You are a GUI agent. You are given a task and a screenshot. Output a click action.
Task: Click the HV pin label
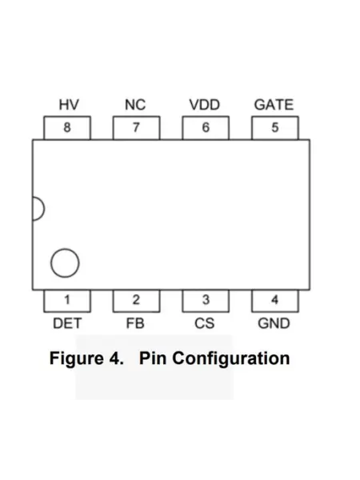pos(69,105)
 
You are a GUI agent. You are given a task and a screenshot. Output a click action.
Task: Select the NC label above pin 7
pos(135,105)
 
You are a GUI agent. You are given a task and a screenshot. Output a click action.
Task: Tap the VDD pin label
pos(205,105)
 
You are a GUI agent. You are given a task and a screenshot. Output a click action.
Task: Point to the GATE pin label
pos(274,105)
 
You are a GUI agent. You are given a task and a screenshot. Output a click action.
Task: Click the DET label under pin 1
pos(67,323)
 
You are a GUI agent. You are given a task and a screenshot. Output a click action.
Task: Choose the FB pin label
pos(135,323)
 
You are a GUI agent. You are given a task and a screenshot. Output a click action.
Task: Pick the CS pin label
pos(205,323)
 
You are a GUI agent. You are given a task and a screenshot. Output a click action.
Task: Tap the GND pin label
pos(274,323)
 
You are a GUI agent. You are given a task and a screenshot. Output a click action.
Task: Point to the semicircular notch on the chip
pos(44,209)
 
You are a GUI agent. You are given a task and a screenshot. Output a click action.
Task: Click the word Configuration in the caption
pos(231,358)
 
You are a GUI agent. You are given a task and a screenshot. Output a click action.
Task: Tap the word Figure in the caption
pos(77,358)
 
